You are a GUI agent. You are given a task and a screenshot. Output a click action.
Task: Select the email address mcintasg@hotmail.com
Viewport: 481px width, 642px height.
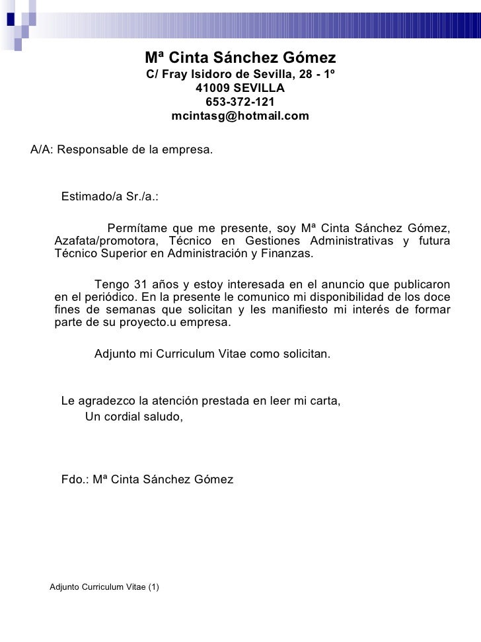coord(240,116)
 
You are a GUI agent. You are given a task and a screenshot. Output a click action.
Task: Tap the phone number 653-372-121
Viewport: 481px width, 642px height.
coord(240,102)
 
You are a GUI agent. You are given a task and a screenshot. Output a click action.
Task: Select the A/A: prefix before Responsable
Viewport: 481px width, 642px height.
coord(42,149)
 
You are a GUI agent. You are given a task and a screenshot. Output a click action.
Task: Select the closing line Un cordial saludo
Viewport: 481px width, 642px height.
coord(134,415)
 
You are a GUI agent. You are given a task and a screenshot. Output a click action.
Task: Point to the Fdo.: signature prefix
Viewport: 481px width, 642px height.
coord(74,479)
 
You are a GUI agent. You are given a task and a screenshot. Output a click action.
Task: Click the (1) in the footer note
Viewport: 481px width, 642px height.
coord(154,587)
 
